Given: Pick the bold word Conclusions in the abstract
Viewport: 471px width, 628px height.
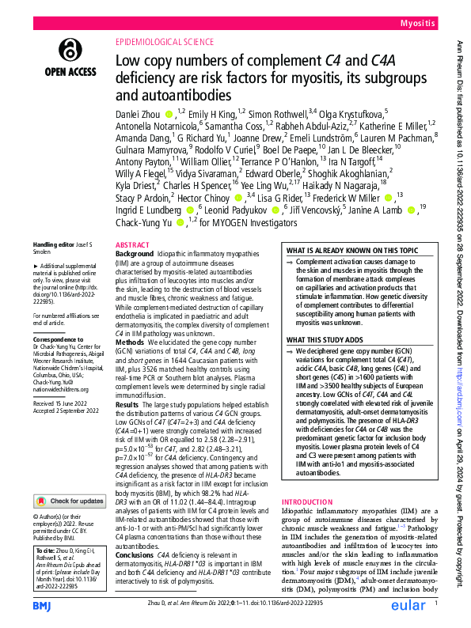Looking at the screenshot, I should click(x=135, y=532).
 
